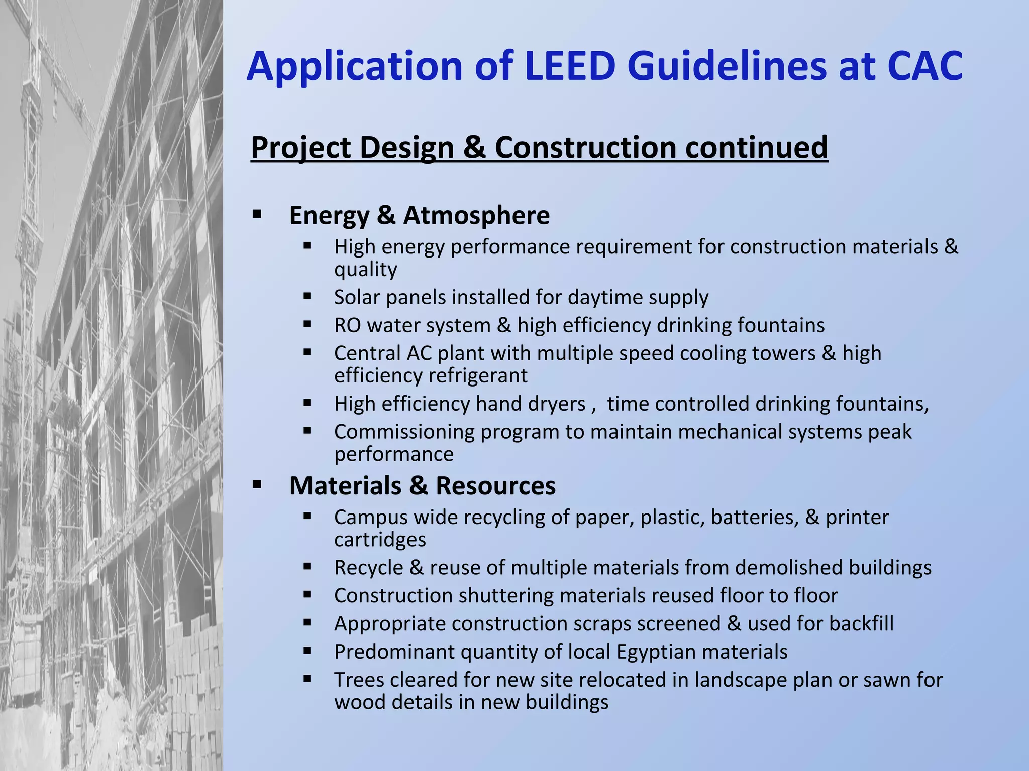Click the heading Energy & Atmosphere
420,215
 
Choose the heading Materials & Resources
423,486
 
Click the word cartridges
380,540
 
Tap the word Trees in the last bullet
359,680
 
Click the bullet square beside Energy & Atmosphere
257,215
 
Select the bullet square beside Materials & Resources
257,485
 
